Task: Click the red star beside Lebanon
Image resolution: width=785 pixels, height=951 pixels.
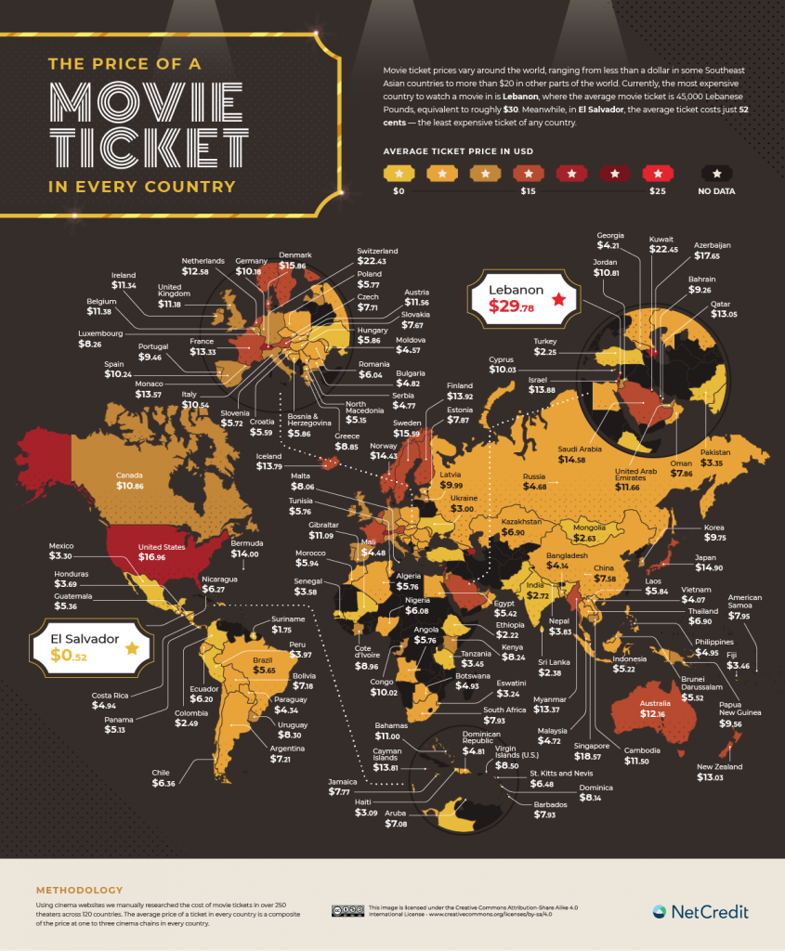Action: tap(558, 298)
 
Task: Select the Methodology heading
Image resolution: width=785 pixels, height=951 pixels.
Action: tap(78, 889)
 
